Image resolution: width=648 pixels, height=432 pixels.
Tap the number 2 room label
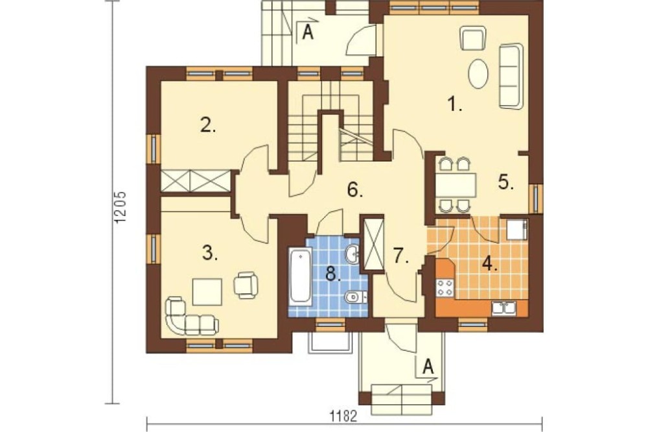click(x=208, y=125)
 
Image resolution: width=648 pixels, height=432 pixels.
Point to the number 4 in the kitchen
click(x=490, y=263)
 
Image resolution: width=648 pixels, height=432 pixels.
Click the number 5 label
click(x=506, y=182)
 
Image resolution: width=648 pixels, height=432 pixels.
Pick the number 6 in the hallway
click(x=355, y=189)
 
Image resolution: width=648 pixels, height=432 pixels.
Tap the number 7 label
click(x=401, y=256)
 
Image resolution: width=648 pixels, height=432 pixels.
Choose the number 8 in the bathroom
click(x=333, y=274)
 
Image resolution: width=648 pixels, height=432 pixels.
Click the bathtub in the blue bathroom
click(x=301, y=276)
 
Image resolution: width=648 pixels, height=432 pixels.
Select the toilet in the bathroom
click(x=354, y=296)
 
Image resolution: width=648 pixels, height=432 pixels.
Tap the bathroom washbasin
click(x=353, y=253)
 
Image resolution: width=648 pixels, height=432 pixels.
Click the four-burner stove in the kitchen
click(x=445, y=287)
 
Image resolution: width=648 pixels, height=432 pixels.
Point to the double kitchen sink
click(x=503, y=308)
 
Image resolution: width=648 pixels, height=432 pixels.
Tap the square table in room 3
click(x=207, y=292)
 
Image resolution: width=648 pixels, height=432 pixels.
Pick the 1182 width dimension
click(x=343, y=416)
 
